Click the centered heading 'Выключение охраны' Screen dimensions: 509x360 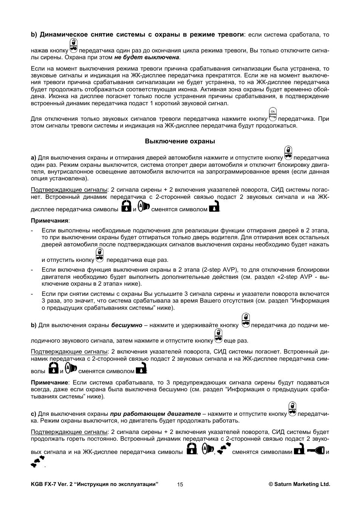pos(180,141)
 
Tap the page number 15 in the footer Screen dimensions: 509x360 pos(180,484)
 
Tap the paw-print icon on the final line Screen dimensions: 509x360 pos(38,462)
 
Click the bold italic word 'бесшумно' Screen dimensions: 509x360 pos(127,325)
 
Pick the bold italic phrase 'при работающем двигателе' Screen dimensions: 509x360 pos(155,414)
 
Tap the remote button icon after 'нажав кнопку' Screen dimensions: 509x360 pos(74,46)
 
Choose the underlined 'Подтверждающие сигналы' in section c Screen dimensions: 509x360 pos(69,432)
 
